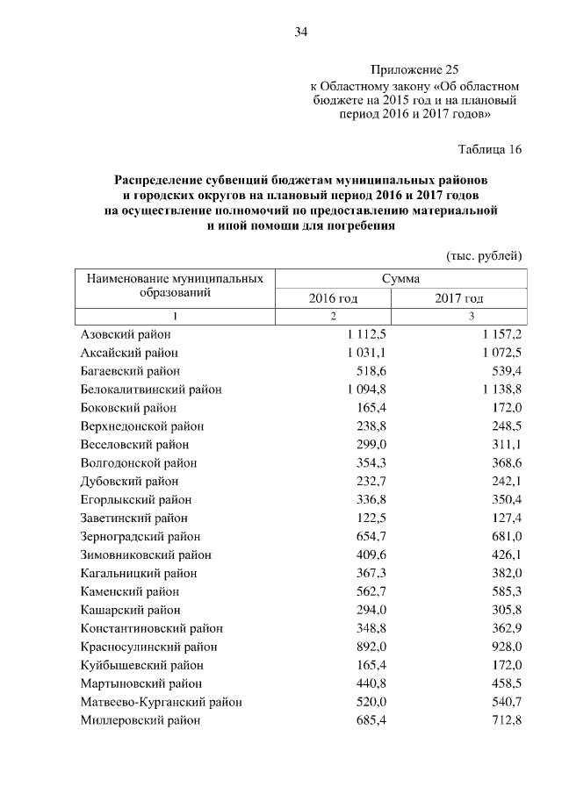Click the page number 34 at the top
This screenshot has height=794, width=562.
pos(300,32)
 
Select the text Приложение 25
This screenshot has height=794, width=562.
pos(414,68)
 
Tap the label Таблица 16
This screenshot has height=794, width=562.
pos(490,149)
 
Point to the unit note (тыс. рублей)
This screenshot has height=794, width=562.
pos(485,256)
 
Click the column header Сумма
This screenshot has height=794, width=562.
pos(400,278)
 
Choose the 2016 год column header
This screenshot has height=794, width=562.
pos(333,298)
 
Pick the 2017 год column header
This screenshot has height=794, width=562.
pos(458,298)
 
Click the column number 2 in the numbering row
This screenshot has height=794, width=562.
pos(333,316)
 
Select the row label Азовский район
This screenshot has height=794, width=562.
pos(126,334)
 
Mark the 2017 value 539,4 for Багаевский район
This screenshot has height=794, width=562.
pos(505,371)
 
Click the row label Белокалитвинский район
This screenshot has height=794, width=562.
pos(150,390)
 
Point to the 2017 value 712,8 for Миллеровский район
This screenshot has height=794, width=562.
pos(505,720)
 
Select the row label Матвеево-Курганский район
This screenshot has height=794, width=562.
pos(161,702)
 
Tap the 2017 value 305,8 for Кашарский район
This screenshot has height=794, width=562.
pos(505,610)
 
